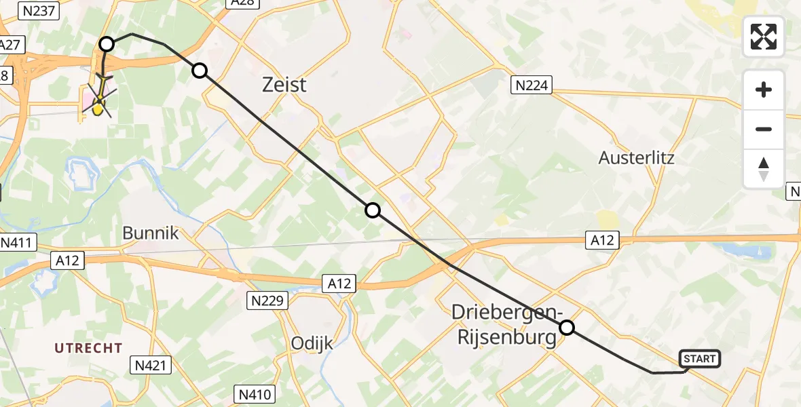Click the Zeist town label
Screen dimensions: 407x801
click(x=284, y=85)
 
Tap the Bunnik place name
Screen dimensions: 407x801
click(x=151, y=233)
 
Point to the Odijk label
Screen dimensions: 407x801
click(x=312, y=343)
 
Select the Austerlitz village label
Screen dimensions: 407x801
click(x=637, y=158)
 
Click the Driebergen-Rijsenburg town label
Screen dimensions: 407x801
click(x=506, y=324)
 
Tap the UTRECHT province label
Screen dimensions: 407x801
click(x=89, y=348)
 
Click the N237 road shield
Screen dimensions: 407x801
click(x=40, y=10)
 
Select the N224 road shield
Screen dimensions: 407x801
click(x=532, y=85)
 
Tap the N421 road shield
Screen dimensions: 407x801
click(x=150, y=366)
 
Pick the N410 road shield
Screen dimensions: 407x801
click(x=255, y=394)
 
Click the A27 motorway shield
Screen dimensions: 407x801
click(x=11, y=45)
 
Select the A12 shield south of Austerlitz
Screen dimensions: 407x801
click(x=601, y=239)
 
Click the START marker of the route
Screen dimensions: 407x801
click(x=700, y=359)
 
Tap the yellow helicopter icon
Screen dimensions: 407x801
click(x=99, y=102)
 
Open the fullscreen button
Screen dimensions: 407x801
click(x=764, y=37)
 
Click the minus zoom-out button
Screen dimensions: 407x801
click(x=764, y=129)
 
